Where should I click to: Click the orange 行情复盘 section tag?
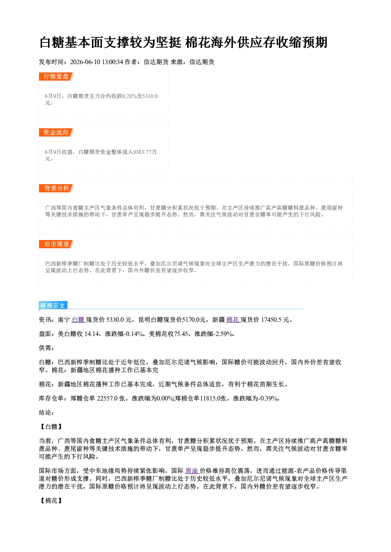click(x=56, y=76)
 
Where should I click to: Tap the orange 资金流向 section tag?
click(x=56, y=132)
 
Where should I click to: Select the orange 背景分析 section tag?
click(x=56, y=188)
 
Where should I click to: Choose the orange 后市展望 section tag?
click(x=56, y=244)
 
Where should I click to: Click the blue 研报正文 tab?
click(x=53, y=306)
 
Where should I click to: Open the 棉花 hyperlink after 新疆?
click(x=233, y=320)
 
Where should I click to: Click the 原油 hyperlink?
click(x=192, y=471)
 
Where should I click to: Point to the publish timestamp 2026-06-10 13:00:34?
click(x=97, y=62)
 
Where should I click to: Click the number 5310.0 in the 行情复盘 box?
click(x=150, y=96)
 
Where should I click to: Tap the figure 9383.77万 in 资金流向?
click(x=145, y=152)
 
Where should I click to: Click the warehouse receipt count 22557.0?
click(x=107, y=399)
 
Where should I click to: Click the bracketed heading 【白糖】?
click(x=51, y=427)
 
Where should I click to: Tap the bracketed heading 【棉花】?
click(x=51, y=501)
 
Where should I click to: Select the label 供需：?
click(x=47, y=348)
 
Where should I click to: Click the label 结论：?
click(x=47, y=413)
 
